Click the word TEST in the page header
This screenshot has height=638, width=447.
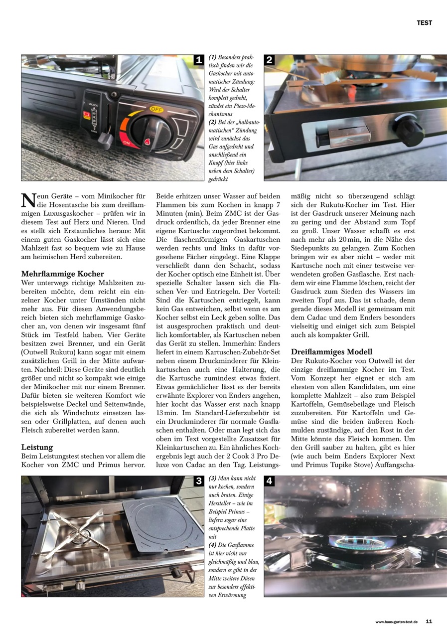(x=424, y=23)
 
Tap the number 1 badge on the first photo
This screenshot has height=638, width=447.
(x=198, y=60)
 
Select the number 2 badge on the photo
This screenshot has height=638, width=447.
(x=270, y=60)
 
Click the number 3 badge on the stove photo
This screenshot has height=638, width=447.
(x=198, y=481)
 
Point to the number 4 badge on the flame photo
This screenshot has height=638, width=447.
(x=270, y=481)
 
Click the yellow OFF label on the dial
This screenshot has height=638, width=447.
(x=156, y=109)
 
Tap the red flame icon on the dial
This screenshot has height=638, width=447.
(x=148, y=142)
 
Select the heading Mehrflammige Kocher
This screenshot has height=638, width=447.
(x=62, y=274)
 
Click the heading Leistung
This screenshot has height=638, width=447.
(x=37, y=447)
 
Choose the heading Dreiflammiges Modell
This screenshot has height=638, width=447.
(x=331, y=352)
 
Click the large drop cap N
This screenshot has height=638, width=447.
(x=28, y=200)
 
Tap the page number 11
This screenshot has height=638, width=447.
(x=429, y=622)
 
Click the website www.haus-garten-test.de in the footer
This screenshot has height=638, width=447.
(x=396, y=622)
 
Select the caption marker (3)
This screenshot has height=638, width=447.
(x=212, y=478)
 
